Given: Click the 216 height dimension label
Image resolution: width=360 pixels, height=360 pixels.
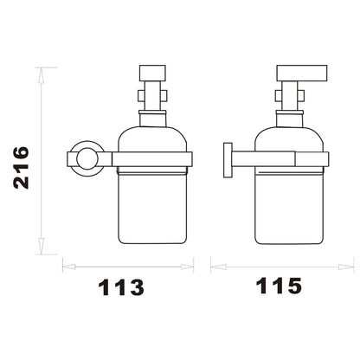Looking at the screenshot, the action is click(22, 168).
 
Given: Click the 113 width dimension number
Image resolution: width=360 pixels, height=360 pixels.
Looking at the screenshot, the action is click(121, 287).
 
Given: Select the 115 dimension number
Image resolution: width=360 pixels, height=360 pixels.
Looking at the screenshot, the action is click(279, 286).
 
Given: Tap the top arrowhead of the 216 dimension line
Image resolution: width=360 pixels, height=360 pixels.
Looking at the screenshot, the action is click(42, 76).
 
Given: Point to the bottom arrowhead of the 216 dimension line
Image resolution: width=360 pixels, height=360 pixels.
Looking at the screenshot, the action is click(42, 247).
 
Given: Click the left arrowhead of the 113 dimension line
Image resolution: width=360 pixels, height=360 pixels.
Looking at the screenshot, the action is click(69, 267).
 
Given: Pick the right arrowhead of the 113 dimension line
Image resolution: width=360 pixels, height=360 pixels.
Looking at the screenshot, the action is click(187, 267).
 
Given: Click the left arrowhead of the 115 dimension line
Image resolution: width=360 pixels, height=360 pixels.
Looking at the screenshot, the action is click(217, 267).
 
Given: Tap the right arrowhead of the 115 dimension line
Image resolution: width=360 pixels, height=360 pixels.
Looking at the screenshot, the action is click(346, 267).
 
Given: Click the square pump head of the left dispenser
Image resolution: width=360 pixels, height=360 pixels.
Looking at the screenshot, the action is click(152, 73).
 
